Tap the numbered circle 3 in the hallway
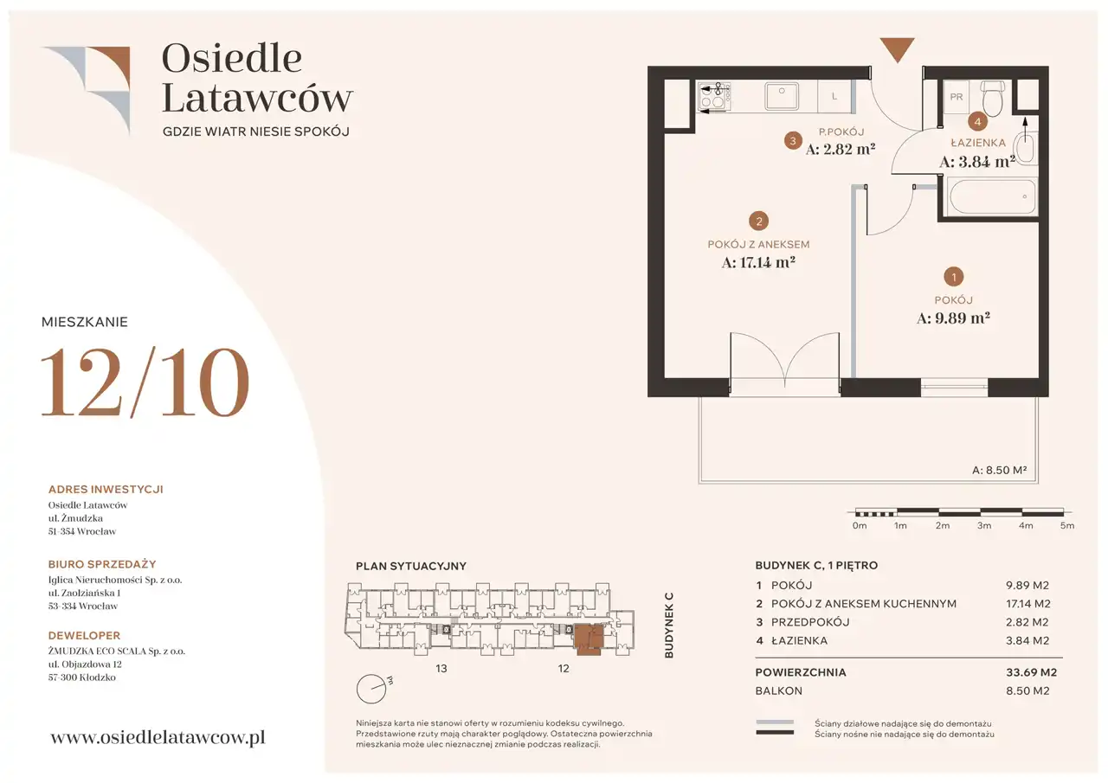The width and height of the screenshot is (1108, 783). (793, 141)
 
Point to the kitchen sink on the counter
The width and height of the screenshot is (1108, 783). (782, 95)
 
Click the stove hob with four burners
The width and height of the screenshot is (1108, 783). (714, 96)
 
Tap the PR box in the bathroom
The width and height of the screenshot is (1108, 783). (957, 97)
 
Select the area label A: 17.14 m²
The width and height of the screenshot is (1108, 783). (758, 262)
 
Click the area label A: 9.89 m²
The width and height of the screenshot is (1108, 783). (953, 318)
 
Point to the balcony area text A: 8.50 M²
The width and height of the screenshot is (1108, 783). (999, 470)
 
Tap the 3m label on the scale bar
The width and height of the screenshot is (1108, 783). (984, 525)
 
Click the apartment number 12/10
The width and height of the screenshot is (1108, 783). (145, 382)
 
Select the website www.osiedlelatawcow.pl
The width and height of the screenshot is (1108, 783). (158, 737)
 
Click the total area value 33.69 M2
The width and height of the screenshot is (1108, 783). (1031, 672)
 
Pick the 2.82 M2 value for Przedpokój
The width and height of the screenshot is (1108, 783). (1027, 622)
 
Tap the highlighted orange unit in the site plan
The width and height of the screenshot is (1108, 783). (588, 639)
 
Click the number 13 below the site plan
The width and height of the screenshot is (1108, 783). (441, 668)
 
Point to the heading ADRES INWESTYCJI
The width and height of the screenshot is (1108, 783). (106, 490)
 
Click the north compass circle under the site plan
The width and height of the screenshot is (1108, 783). (371, 689)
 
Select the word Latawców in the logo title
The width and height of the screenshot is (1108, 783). (257, 99)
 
